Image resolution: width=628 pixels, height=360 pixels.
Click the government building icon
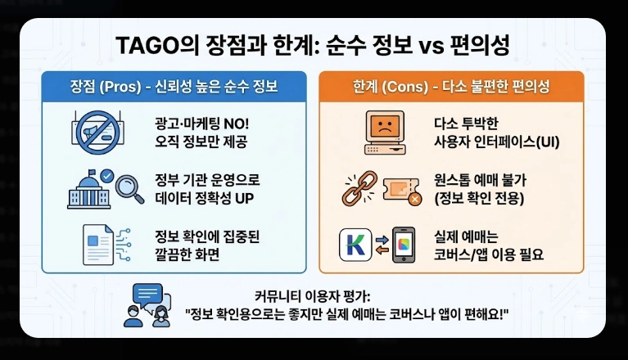tap(93, 187)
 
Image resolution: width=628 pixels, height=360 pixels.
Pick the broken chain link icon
tap(357, 187)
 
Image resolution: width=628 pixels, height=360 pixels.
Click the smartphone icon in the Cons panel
tap(404, 245)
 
